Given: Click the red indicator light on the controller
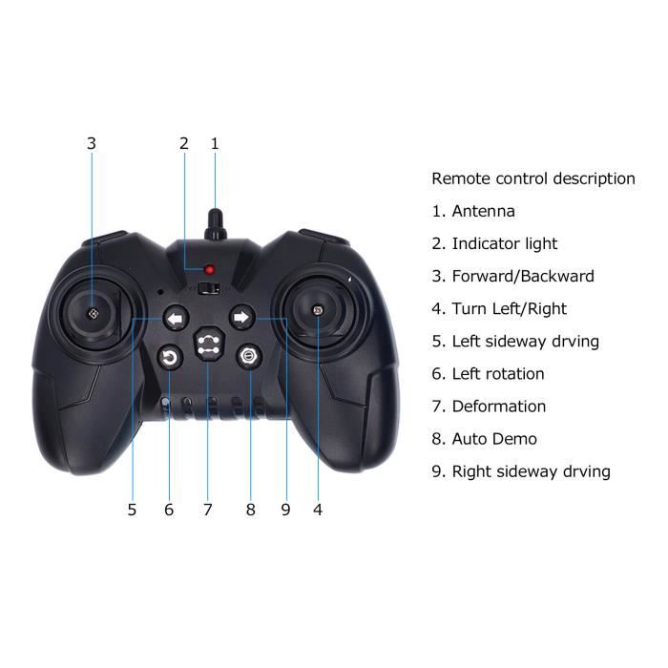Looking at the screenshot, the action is pyautogui.click(x=209, y=270).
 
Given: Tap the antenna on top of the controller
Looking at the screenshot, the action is pyautogui.click(x=215, y=224).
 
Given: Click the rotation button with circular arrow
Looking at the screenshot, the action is pyautogui.click(x=170, y=357).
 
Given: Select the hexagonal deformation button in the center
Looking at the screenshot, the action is pyautogui.click(x=209, y=344).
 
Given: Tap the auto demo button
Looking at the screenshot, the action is pyautogui.click(x=249, y=356).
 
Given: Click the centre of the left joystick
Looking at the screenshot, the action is pyautogui.click(x=93, y=314).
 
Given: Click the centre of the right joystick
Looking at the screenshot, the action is pyautogui.click(x=317, y=310).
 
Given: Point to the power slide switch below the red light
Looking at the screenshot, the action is pyautogui.click(x=209, y=288).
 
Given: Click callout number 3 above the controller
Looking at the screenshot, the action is pyautogui.click(x=92, y=143).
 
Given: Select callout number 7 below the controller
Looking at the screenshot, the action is pyautogui.click(x=207, y=510).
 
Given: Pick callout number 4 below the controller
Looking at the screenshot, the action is pyautogui.click(x=318, y=510).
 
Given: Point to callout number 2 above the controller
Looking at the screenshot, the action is pyautogui.click(x=184, y=143).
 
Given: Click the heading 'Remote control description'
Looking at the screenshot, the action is pyautogui.click(x=533, y=178).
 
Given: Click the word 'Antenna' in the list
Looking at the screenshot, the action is pyautogui.click(x=483, y=211).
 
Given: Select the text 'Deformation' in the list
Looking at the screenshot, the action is pyautogui.click(x=499, y=407).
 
